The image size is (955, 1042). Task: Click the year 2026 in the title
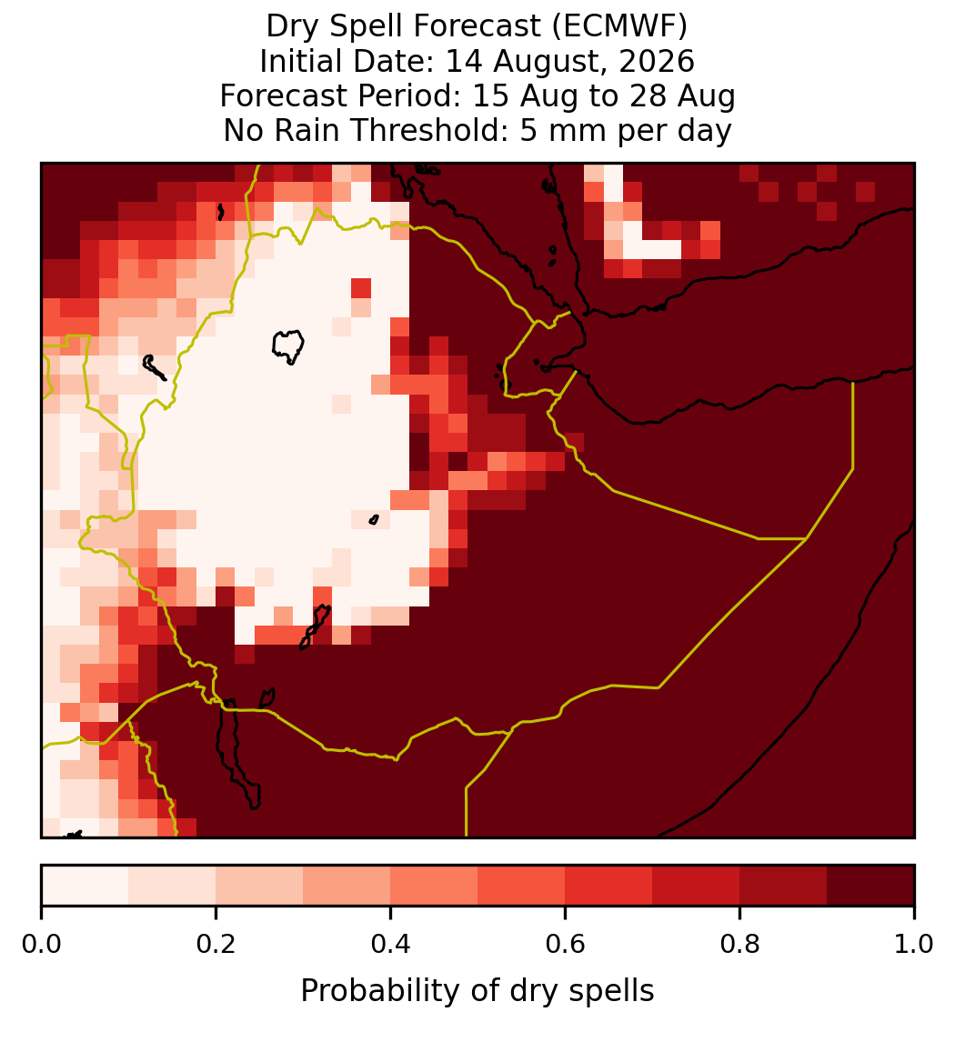pyautogui.click(x=657, y=61)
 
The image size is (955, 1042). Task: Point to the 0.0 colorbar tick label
pyautogui.click(x=41, y=945)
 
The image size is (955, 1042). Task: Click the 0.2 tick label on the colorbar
pyautogui.click(x=216, y=945)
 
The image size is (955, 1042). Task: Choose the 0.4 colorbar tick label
pyautogui.click(x=391, y=945)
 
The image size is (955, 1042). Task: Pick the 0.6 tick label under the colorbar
pyautogui.click(x=566, y=945)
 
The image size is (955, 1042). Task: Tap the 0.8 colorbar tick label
pyautogui.click(x=739, y=945)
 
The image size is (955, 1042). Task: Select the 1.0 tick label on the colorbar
pyautogui.click(x=914, y=945)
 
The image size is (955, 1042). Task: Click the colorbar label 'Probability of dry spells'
pyautogui.click(x=477, y=991)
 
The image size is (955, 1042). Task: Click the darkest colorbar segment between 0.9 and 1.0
pyautogui.click(x=871, y=886)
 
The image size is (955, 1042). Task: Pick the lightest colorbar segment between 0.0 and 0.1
pyautogui.click(x=85, y=886)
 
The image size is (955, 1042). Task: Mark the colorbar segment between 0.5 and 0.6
pyautogui.click(x=522, y=886)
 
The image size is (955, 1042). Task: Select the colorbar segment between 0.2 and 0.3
pyautogui.click(x=259, y=886)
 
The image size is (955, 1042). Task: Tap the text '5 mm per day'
pyautogui.click(x=626, y=130)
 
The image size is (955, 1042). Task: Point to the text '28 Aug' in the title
pyautogui.click(x=697, y=95)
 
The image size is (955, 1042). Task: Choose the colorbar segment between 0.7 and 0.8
pyautogui.click(x=697, y=886)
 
